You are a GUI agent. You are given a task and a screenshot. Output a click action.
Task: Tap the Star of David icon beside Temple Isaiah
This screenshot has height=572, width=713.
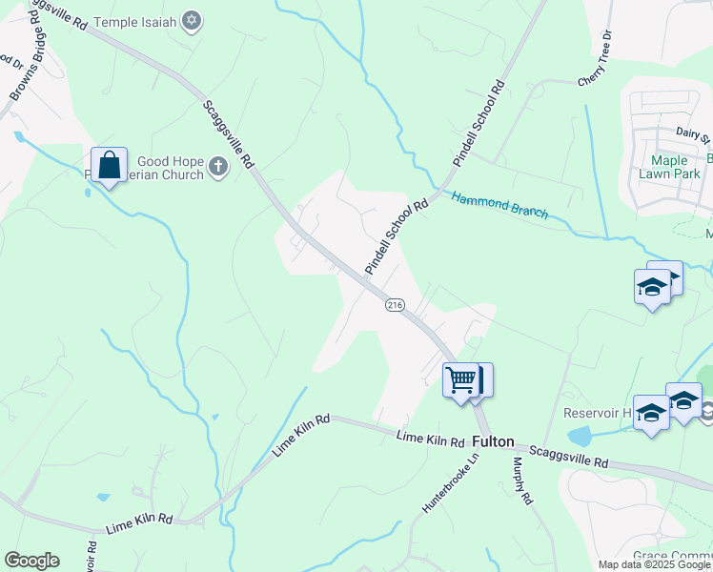[192, 20]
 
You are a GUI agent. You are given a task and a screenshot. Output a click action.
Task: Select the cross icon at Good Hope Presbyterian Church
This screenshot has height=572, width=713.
[218, 168]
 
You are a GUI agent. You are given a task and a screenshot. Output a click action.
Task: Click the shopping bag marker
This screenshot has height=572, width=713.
[110, 166]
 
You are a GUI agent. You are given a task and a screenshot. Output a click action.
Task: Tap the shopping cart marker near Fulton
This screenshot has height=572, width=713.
[460, 380]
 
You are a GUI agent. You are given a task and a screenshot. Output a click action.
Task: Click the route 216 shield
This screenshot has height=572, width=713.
[395, 305]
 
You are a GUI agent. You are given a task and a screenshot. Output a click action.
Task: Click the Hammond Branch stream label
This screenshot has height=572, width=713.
[499, 206]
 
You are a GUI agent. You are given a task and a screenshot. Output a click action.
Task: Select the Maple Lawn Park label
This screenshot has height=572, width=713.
[676, 167]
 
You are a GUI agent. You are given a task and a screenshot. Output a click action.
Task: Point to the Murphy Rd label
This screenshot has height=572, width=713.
[520, 480]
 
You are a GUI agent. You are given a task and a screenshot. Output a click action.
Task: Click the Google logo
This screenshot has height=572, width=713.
[31, 561]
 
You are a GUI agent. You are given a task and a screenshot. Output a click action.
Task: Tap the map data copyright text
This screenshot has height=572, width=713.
[655, 564]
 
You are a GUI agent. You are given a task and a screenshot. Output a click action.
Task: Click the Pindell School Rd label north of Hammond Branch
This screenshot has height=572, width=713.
[478, 124]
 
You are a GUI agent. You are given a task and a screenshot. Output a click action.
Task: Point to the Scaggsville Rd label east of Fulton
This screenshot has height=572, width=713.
[568, 455]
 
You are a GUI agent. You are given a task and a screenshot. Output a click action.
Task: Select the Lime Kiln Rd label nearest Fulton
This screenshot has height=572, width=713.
[430, 439]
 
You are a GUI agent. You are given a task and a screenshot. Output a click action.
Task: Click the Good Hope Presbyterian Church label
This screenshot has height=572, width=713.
[170, 168]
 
